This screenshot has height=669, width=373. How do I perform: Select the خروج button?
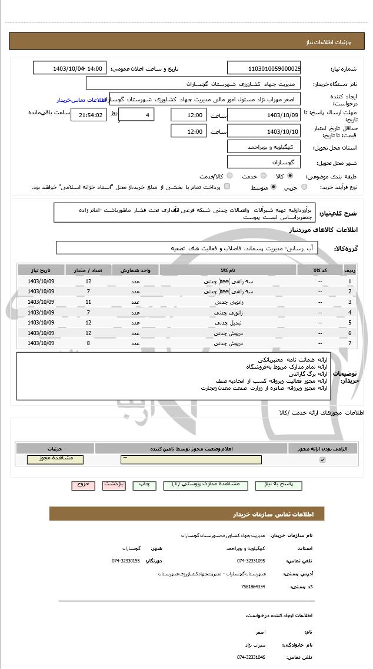[83, 485]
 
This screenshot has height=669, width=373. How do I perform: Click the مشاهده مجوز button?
[55, 459]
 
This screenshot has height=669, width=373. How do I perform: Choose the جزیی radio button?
[304, 187]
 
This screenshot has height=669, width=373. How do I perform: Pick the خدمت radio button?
[262, 175]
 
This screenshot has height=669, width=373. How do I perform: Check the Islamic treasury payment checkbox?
[227, 187]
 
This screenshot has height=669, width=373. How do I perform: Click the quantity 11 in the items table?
[88, 302]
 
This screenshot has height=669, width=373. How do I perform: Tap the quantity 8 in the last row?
[88, 343]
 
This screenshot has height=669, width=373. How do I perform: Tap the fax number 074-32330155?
[126, 561]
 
